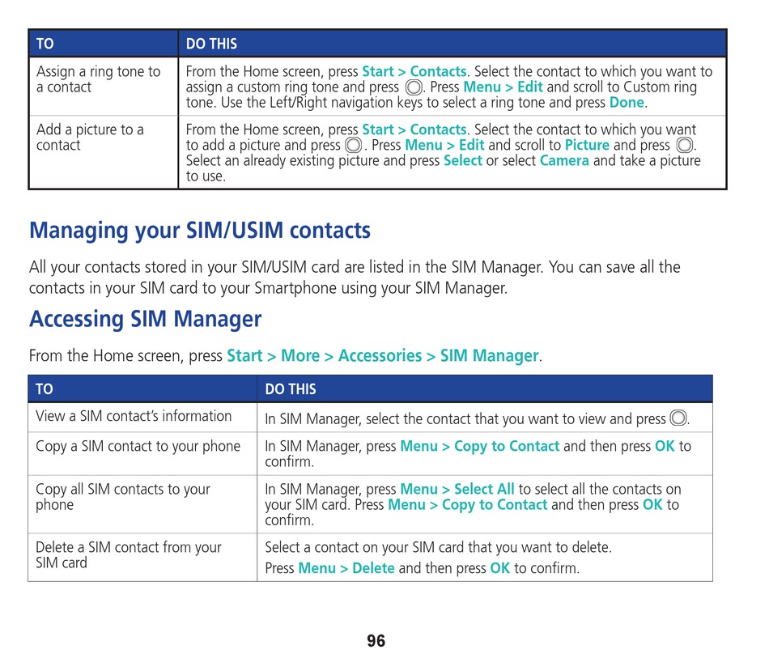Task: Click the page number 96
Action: [x=376, y=640]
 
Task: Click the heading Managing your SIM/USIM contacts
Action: [x=200, y=231]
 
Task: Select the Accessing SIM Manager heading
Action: [x=145, y=319]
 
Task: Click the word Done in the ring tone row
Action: [x=627, y=103]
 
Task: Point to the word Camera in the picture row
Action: [x=564, y=160]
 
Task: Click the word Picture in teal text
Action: [x=587, y=145]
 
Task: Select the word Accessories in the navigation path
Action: [x=380, y=355]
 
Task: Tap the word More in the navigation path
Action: [x=300, y=355]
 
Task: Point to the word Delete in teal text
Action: [x=373, y=568]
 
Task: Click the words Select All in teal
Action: [x=484, y=489]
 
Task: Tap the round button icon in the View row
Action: [x=679, y=418]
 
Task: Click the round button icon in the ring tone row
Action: [x=414, y=87]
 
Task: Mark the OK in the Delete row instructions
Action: [x=499, y=568]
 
